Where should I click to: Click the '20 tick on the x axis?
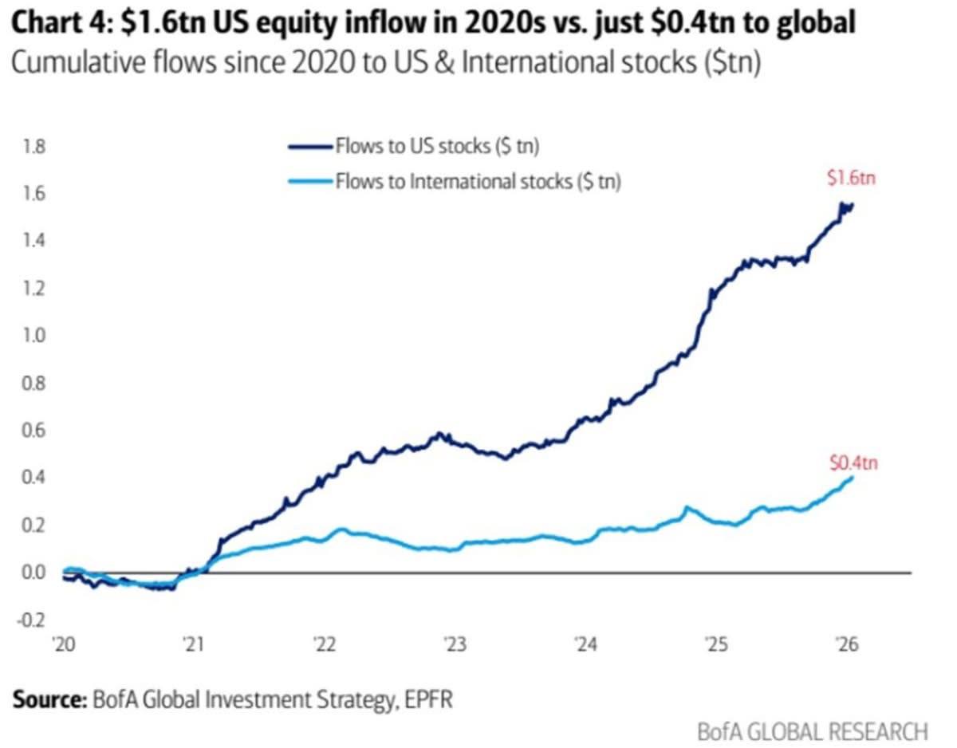tap(64, 644)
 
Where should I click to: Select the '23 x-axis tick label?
tap(455, 644)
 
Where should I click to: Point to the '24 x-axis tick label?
tap(585, 644)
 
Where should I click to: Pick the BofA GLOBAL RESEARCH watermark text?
tap(813, 730)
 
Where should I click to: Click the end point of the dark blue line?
tap(852, 206)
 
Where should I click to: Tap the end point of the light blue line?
tap(852, 478)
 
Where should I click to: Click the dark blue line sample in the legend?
tap(309, 147)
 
